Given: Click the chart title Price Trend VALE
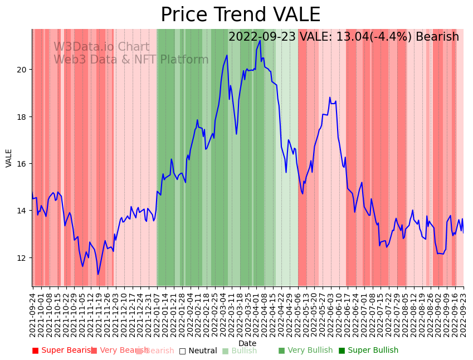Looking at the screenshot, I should point(240,15).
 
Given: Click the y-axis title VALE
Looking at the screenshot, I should point(9,158).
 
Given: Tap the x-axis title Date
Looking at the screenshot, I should point(247,344).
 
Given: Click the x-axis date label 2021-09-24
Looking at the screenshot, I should point(32,313).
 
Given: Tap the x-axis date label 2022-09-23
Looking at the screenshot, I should point(464,313).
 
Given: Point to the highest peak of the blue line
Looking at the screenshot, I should point(260,40).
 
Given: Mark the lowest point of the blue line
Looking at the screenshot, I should point(98,274).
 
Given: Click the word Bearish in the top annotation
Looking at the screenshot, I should point(436,37).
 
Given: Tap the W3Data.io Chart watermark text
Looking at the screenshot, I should point(101,47).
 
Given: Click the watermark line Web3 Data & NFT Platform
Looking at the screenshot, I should point(131,60).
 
